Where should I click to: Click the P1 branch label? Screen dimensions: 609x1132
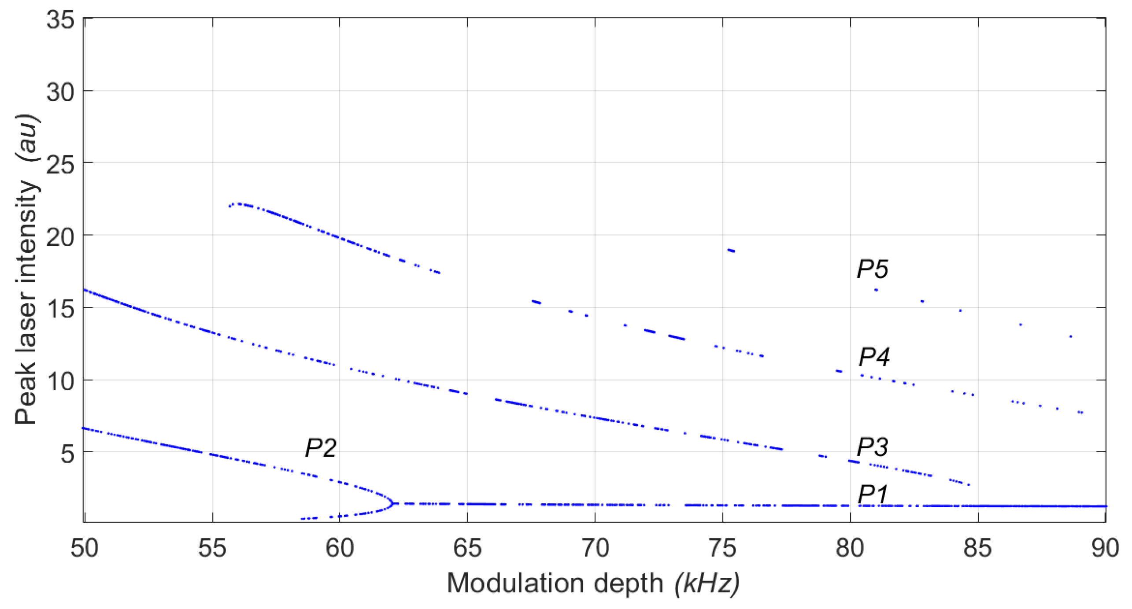873,494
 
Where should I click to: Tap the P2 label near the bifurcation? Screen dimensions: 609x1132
321,448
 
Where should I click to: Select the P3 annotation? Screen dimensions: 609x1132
872,447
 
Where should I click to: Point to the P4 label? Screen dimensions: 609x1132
873,357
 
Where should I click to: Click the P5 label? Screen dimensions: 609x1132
872,269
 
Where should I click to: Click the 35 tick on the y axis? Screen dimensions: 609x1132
60,19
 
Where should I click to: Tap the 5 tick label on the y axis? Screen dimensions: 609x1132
67,454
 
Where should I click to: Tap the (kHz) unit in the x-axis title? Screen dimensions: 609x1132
707,583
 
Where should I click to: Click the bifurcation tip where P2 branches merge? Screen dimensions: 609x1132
393,503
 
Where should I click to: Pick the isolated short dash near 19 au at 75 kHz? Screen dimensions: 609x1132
731,250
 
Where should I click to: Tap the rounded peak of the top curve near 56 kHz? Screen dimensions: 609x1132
238,204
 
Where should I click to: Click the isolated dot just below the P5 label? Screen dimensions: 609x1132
876,290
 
